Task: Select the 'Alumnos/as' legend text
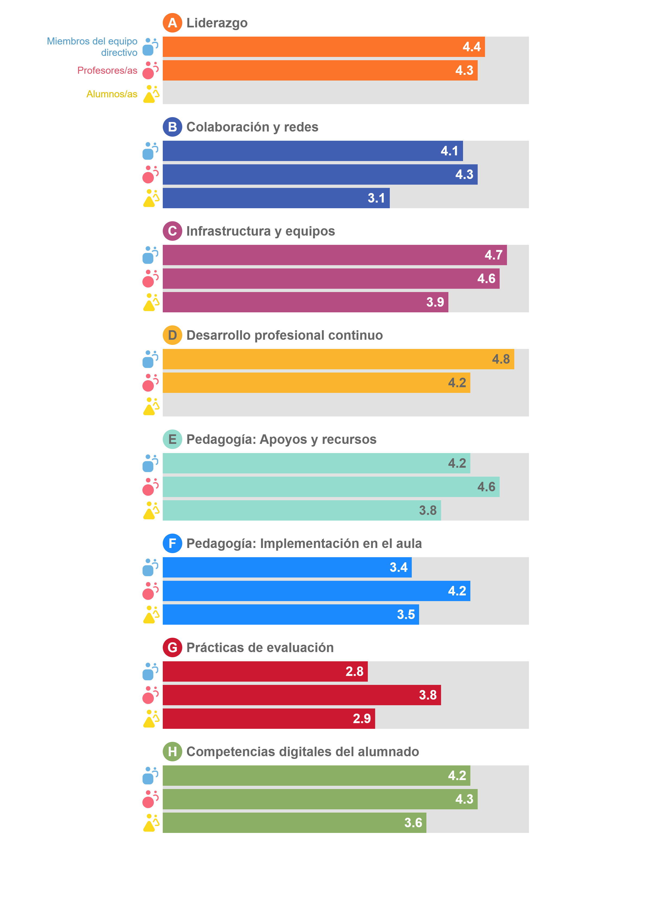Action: (x=112, y=94)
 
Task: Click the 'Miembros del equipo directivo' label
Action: (x=92, y=47)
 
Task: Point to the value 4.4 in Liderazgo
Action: (x=471, y=47)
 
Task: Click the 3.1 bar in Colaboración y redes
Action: (x=276, y=198)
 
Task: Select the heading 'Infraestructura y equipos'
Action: (x=260, y=231)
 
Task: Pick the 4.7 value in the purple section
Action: (x=493, y=255)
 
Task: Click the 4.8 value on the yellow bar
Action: (x=501, y=359)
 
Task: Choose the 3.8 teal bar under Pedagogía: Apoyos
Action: (x=302, y=510)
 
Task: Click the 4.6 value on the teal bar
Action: (x=486, y=487)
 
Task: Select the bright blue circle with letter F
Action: (x=172, y=543)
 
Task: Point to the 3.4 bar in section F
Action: (x=287, y=567)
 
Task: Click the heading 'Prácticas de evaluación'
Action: (x=260, y=647)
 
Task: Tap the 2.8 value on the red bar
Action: (x=354, y=672)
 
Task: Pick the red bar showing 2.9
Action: (x=269, y=719)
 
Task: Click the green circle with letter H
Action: (x=172, y=752)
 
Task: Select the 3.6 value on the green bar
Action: (x=413, y=823)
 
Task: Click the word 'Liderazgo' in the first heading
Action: (x=217, y=23)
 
